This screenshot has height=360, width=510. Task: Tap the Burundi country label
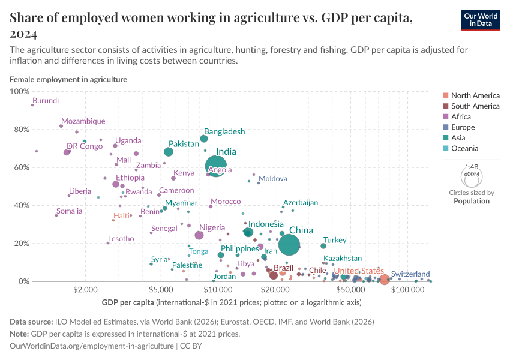(x=46, y=101)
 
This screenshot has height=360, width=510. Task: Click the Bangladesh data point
(x=204, y=139)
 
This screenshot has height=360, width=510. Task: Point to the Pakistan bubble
(x=169, y=152)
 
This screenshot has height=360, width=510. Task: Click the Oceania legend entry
(x=464, y=148)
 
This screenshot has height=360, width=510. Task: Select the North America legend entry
(x=475, y=95)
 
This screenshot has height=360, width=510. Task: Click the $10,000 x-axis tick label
(x=214, y=290)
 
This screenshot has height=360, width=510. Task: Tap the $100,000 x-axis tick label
(x=407, y=290)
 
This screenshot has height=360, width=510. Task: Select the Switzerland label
(x=410, y=274)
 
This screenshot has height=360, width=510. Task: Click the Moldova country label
(x=273, y=179)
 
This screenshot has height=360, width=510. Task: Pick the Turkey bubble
(x=323, y=246)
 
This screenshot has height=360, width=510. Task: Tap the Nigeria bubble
(x=199, y=235)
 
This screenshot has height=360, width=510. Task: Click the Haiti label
(x=121, y=215)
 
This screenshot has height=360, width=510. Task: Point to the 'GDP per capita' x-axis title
(x=128, y=302)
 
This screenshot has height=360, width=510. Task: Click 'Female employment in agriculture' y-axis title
(x=68, y=79)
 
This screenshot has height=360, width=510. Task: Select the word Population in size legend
(x=471, y=201)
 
